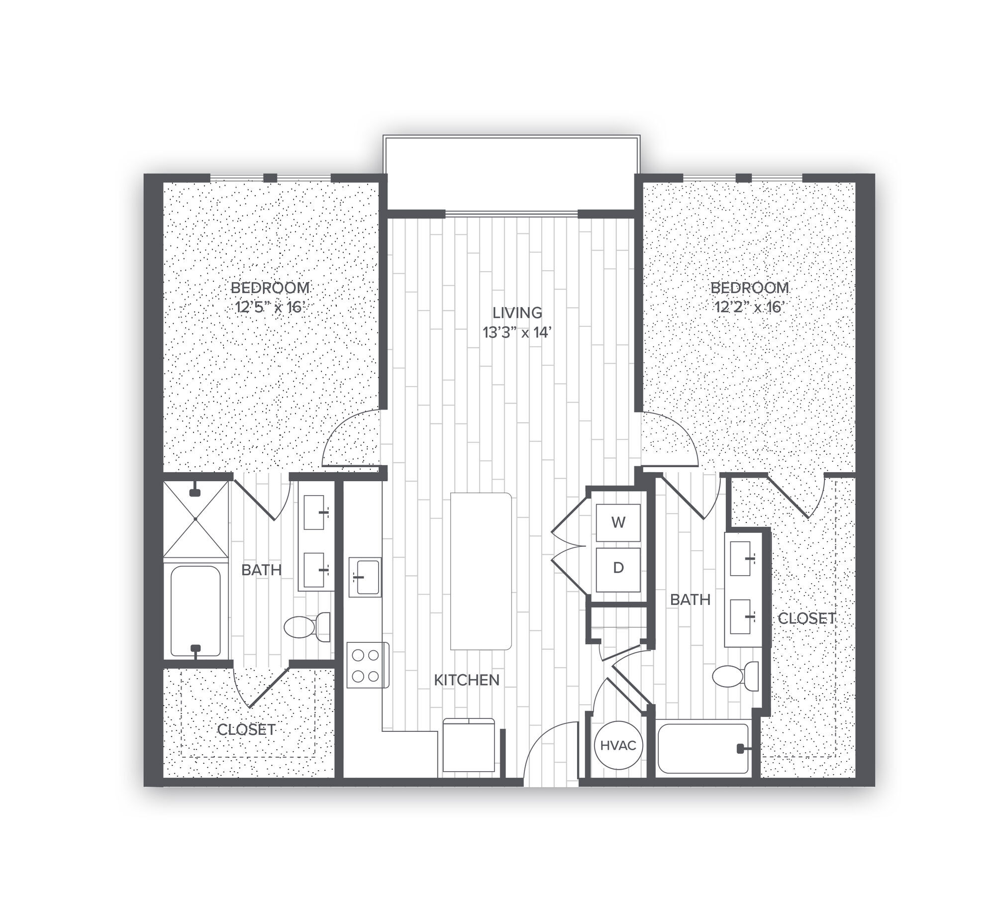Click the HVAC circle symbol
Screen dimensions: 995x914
618,745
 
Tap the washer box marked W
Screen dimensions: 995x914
618,522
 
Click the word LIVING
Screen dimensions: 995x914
517,313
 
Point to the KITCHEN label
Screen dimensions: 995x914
467,680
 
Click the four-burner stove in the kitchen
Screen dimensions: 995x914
368,665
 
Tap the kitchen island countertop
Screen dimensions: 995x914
481,571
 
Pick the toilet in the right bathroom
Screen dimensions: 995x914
736,676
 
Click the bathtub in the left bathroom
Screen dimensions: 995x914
196,610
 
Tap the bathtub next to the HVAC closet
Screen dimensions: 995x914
703,748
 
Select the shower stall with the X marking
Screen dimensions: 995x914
196,518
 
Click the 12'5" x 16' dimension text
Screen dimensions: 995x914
269,307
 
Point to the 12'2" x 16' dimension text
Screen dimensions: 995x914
750,307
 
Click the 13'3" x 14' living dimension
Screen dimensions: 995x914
517,332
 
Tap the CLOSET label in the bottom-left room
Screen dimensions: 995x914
246,729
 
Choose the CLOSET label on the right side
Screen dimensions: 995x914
806,618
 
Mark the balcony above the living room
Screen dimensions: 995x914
511,174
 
